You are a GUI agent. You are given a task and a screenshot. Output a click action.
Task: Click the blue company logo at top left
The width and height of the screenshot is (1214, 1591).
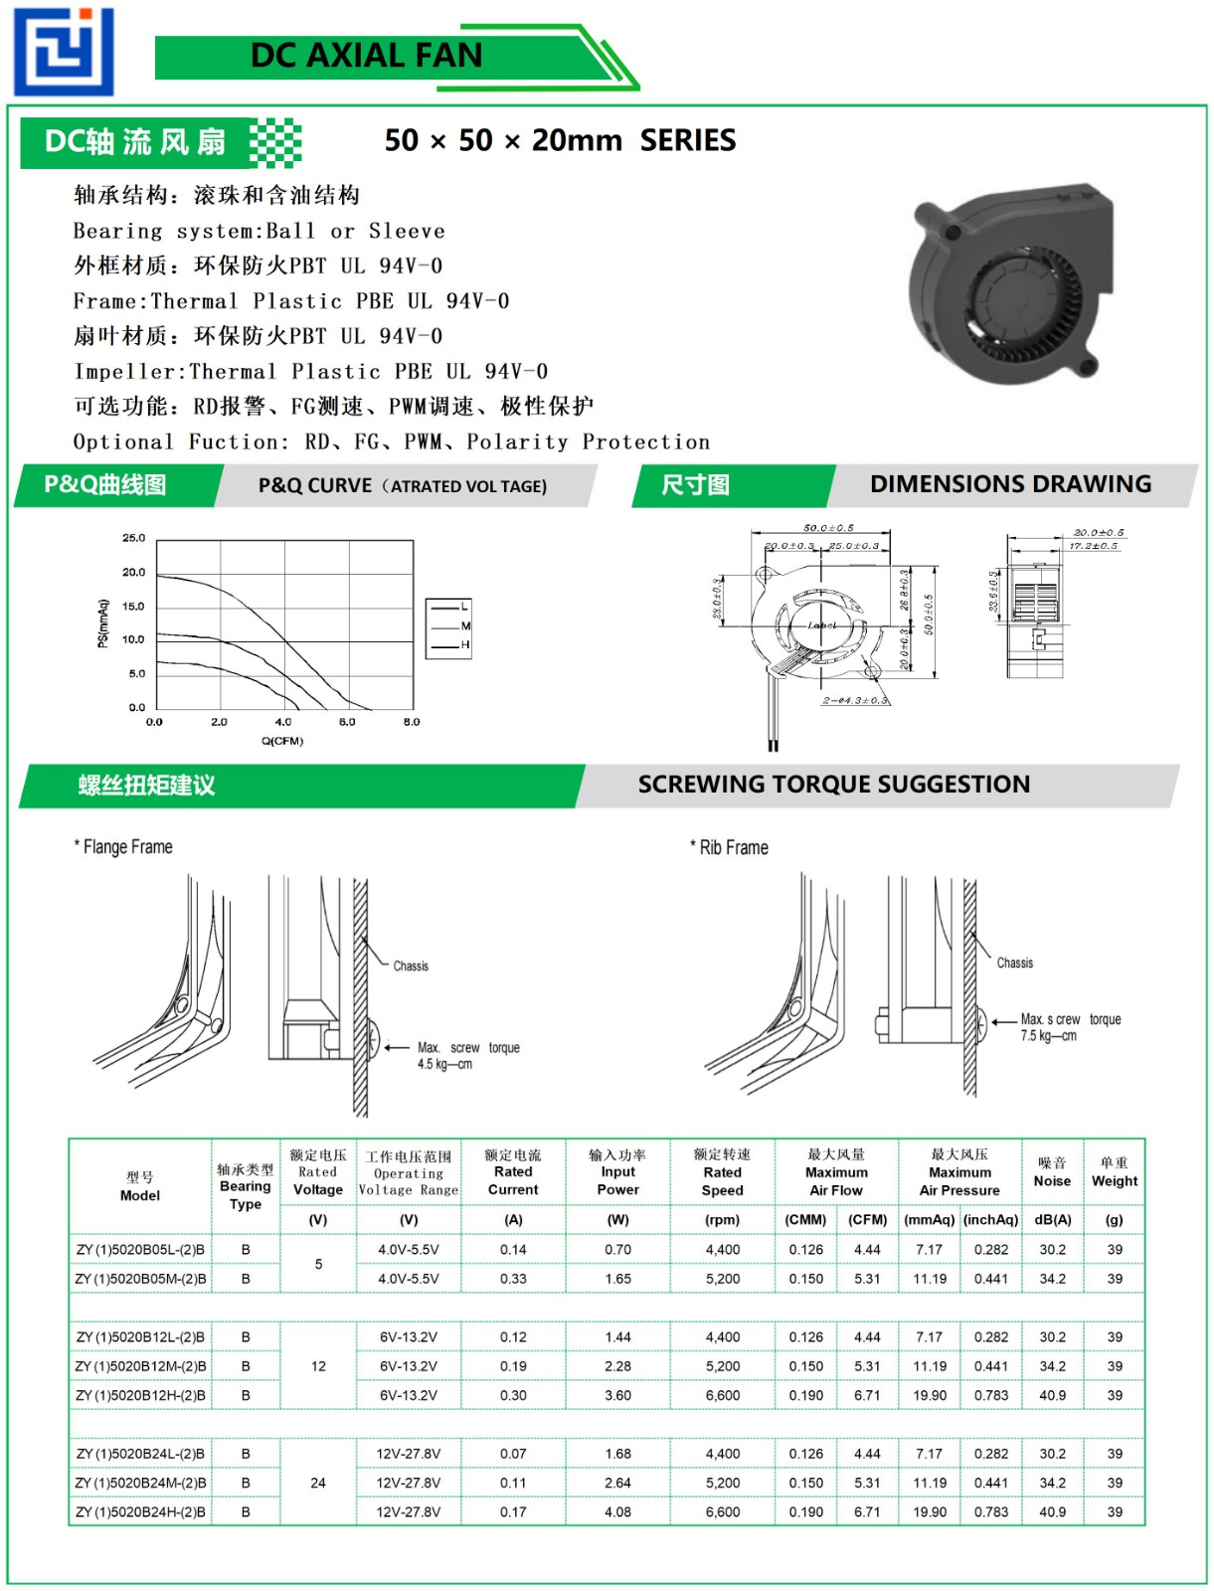[64, 51]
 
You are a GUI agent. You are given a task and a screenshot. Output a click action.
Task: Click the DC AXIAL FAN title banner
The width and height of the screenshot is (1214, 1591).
[366, 56]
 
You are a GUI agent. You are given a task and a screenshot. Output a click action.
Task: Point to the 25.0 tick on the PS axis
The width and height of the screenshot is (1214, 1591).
[134, 538]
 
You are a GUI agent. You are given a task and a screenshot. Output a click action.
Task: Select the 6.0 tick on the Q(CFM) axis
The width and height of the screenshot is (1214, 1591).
[347, 722]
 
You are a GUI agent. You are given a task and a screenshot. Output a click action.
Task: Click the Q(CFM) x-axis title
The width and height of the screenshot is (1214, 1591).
[282, 741]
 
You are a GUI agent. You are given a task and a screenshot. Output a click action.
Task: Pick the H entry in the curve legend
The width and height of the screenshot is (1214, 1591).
[465, 645]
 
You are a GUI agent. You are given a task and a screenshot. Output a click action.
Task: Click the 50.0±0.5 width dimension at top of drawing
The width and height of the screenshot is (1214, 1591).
[828, 528]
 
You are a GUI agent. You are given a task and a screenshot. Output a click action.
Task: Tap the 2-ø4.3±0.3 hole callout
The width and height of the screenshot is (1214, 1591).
[855, 700]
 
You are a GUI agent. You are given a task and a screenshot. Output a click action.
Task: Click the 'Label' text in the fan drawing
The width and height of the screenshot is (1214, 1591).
[822, 625]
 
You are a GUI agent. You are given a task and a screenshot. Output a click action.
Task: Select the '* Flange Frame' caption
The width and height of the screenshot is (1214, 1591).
[123, 847]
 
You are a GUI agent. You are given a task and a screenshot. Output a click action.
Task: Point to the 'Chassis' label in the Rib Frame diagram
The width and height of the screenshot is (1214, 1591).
[1014, 963]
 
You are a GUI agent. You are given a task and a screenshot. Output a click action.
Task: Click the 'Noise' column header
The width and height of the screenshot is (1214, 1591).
[1052, 1180]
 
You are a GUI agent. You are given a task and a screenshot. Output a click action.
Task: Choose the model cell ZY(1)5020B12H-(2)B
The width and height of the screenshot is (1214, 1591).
[140, 1395]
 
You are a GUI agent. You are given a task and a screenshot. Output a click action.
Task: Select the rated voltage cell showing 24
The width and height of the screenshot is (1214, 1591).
[318, 1483]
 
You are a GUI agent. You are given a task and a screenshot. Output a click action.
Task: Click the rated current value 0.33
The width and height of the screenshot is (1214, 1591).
[513, 1279]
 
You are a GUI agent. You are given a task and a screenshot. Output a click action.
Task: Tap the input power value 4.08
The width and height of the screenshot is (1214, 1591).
[617, 1511]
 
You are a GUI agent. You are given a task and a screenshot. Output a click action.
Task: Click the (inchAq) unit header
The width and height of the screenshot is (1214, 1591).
[990, 1220]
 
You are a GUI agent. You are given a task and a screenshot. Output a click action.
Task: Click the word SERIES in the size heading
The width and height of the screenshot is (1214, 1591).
[688, 140]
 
